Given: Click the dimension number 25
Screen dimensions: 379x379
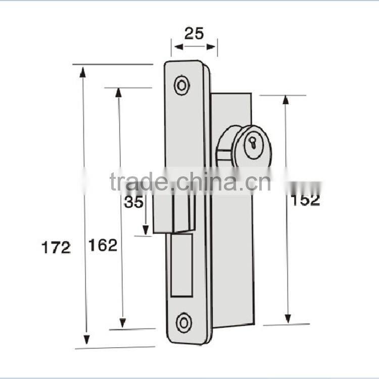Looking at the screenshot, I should click(194, 33).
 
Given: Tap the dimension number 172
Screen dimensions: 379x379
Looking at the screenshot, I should click(57, 248).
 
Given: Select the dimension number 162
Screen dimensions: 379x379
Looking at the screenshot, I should click(103, 245).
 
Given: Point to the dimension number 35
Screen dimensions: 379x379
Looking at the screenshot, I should click(134, 202).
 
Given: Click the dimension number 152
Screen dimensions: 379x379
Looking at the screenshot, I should click(305, 200).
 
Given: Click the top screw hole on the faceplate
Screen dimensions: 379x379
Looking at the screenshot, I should click(182, 85).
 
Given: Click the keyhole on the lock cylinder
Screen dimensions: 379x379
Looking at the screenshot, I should click(252, 144).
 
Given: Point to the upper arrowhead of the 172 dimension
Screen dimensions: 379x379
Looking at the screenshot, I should click(83, 72).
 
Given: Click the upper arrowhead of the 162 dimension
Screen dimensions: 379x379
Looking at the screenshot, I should click(119, 94).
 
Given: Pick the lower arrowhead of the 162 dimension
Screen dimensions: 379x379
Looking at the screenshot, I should click(122, 321).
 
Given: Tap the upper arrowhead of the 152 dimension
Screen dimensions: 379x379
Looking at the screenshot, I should click(286, 100).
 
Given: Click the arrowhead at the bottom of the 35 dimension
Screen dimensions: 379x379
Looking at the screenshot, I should click(146, 230).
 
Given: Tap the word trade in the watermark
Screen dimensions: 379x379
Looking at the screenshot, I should click(137, 182).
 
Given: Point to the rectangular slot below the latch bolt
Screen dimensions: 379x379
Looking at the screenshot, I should click(181, 265).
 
